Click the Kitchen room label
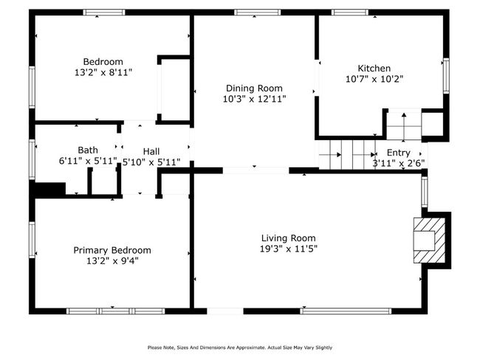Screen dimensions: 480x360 (374, 68)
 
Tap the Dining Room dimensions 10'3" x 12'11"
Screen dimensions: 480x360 (254, 99)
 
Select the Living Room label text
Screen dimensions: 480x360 (288, 238)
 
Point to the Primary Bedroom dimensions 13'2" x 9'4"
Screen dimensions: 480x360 (112, 261)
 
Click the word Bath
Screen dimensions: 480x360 (88, 150)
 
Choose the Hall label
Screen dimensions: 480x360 (151, 151)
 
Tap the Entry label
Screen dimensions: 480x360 (398, 153)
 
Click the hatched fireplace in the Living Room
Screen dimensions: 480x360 (429, 240)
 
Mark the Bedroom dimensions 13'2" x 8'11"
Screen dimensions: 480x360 (103, 72)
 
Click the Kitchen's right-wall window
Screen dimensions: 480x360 (446, 75)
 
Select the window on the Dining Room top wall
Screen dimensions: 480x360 (258, 13)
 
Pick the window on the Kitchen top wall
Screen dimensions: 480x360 (350, 13)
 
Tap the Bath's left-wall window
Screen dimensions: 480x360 (32, 159)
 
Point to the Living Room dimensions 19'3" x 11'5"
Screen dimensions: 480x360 (288, 249)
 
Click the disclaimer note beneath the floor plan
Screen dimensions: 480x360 (240, 347)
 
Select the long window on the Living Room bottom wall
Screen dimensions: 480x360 (346, 311)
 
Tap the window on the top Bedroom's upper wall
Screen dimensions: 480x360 (104, 13)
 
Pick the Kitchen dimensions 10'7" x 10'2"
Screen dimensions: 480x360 (374, 79)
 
